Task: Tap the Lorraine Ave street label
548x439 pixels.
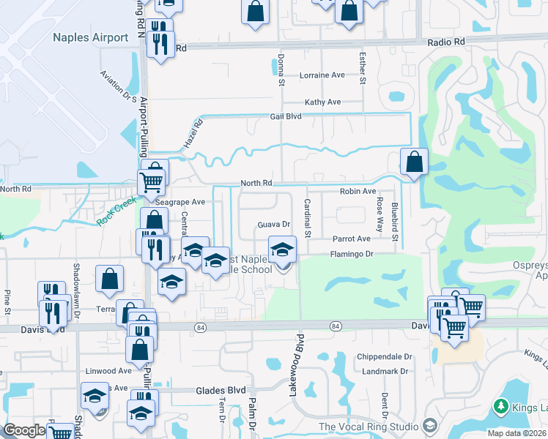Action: point(322,75)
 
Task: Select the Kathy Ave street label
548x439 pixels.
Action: point(323,102)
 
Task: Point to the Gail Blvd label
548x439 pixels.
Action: point(286,116)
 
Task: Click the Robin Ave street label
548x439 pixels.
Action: point(358,191)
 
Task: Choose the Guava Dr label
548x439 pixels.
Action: point(274,225)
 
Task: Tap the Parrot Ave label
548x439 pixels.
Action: point(352,239)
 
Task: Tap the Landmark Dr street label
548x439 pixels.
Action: point(385,372)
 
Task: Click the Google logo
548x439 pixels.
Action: point(24,430)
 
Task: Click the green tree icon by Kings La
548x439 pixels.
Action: point(501,406)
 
